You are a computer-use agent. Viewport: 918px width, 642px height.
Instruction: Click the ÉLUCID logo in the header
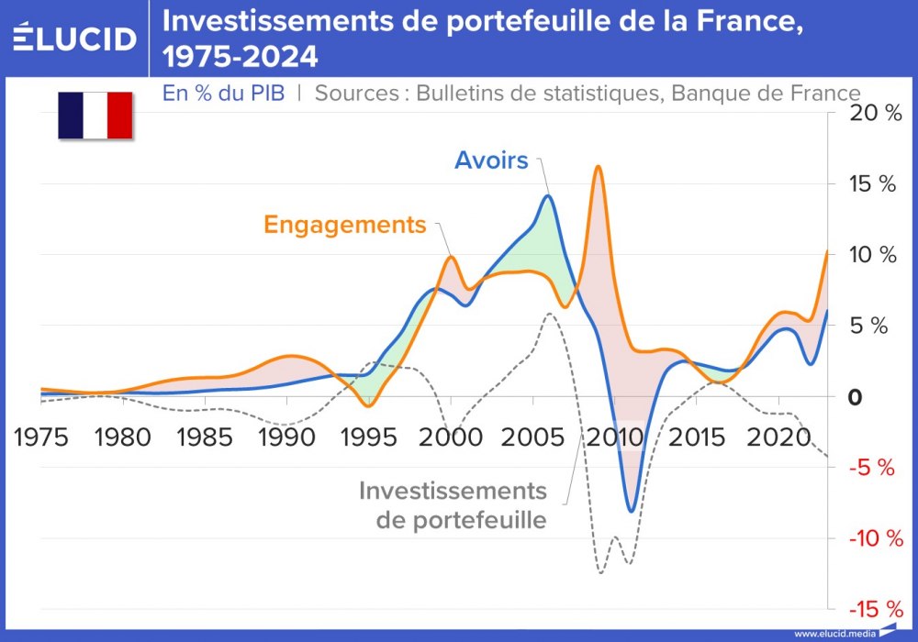(x=75, y=38)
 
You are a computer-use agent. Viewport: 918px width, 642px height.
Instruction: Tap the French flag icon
(x=95, y=116)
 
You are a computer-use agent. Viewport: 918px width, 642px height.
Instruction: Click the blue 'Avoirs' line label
(x=491, y=160)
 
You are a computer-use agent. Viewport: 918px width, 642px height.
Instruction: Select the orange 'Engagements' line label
(x=345, y=225)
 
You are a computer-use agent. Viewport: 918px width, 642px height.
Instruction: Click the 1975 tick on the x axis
(x=41, y=435)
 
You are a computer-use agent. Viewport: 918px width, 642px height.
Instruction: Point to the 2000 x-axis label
(x=450, y=435)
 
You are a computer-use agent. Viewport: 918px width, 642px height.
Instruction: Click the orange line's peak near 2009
(x=598, y=167)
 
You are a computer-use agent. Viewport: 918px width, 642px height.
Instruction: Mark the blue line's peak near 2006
(x=548, y=195)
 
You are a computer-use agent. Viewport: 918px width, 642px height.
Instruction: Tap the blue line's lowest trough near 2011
(x=632, y=511)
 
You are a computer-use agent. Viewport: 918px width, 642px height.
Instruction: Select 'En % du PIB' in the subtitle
(x=223, y=93)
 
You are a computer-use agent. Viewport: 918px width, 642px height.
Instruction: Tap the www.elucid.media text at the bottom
(x=834, y=633)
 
